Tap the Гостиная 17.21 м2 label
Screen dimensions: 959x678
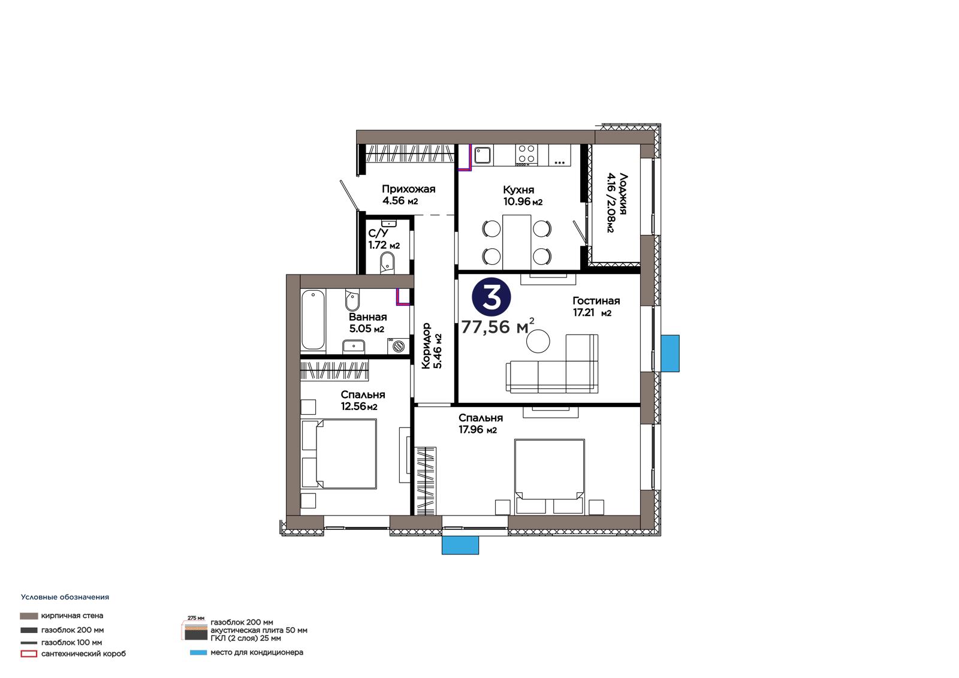click(x=596, y=307)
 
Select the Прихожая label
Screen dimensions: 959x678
click(x=408, y=189)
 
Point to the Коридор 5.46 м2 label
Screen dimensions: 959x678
click(x=432, y=346)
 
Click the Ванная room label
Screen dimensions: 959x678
click(x=368, y=317)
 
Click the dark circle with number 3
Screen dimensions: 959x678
click(x=491, y=298)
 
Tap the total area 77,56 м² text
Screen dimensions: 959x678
click(x=498, y=326)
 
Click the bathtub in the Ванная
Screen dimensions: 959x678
click(x=312, y=320)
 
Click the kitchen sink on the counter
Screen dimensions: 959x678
click(x=482, y=155)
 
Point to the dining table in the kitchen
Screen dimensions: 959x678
click(x=517, y=242)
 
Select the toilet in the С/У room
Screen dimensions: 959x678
click(x=387, y=263)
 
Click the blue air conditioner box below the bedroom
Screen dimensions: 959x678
click(x=460, y=546)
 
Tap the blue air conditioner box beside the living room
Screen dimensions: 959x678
click(x=670, y=353)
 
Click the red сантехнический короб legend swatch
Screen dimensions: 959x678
click(x=29, y=654)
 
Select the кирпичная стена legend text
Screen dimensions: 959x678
click(x=72, y=616)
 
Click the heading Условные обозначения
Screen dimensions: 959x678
click(x=65, y=597)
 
